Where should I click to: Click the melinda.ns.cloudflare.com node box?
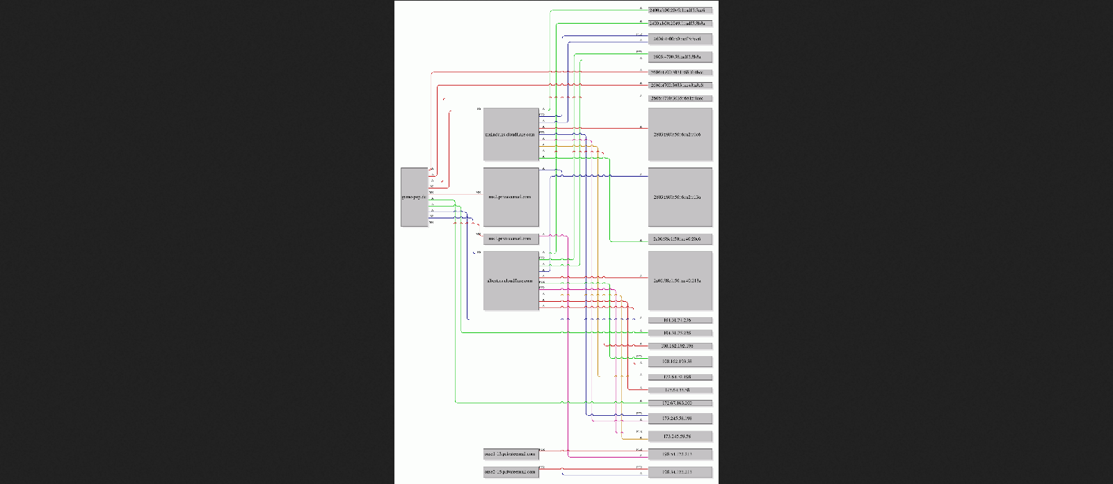click(511, 134)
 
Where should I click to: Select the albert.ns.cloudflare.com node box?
click(511, 280)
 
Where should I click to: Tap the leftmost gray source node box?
click(414, 197)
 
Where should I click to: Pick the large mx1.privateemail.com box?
click(511, 197)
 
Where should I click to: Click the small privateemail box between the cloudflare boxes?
click(511, 239)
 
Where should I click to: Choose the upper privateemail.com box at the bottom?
click(511, 454)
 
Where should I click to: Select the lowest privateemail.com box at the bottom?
click(511, 471)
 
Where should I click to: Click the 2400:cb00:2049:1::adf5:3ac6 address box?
click(680, 10)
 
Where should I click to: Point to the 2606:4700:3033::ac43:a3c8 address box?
click(680, 86)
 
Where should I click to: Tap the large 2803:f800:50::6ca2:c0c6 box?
click(680, 134)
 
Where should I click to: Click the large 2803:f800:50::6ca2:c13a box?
click(680, 197)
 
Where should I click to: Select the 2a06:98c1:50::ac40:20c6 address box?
click(680, 239)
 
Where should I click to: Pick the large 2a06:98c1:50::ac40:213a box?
click(680, 280)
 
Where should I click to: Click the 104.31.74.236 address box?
click(680, 321)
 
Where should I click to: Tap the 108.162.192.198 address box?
click(680, 346)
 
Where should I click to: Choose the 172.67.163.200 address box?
click(680, 403)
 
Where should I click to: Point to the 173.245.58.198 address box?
click(680, 419)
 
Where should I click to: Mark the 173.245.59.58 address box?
click(680, 437)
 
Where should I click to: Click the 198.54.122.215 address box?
click(680, 471)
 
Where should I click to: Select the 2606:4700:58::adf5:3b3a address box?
click(680, 57)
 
